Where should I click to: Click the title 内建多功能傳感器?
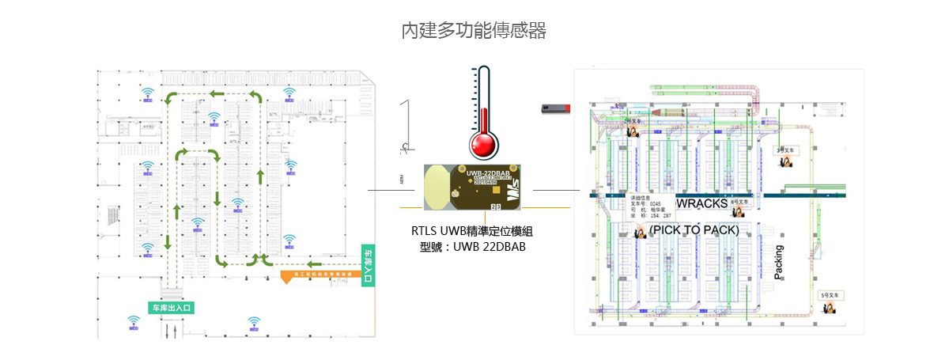[x=474, y=31]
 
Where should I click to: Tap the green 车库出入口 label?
[x=171, y=306]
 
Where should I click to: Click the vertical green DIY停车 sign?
[x=368, y=264]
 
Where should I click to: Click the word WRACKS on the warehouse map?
[x=701, y=204]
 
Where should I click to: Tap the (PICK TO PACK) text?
[x=694, y=230]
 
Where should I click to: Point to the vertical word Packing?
[x=778, y=263]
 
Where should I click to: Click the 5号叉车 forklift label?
[x=833, y=294]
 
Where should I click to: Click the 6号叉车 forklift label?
[x=739, y=202]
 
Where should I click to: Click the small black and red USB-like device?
[x=555, y=108]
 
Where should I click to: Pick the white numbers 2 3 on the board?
[x=496, y=207]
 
